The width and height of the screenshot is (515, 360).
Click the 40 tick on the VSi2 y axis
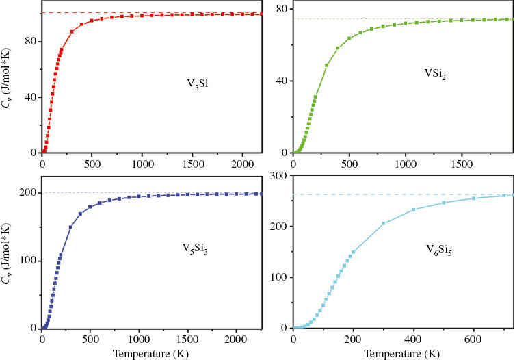pyautogui.click(x=279, y=81)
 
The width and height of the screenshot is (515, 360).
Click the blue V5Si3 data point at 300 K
pyautogui.click(x=71, y=227)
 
